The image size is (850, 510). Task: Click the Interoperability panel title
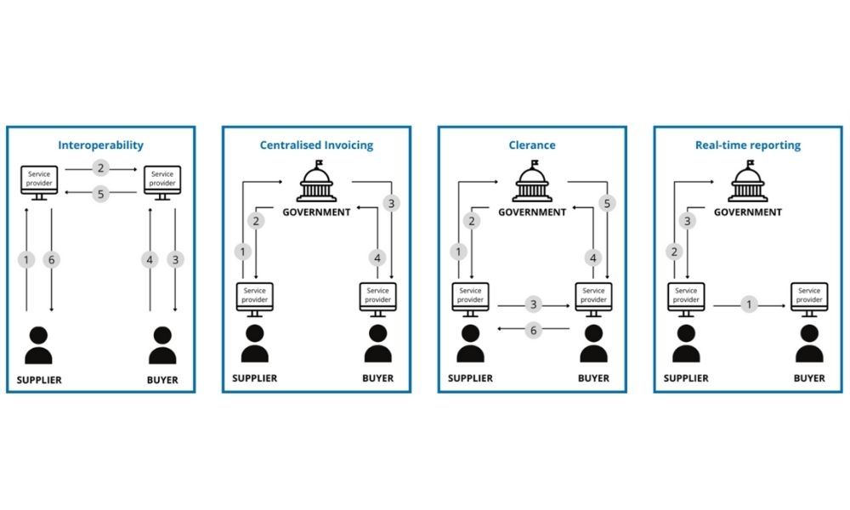click(x=101, y=145)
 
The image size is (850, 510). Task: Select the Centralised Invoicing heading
click(x=316, y=145)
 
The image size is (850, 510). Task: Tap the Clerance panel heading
click(x=532, y=145)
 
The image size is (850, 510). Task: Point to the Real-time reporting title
click(x=748, y=145)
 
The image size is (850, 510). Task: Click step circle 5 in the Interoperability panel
click(x=100, y=194)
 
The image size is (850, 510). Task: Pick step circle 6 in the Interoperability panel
click(x=52, y=260)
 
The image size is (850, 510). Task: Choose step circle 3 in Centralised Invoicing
click(x=391, y=203)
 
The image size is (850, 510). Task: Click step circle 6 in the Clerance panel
click(x=534, y=331)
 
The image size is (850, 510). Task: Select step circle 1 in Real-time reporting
click(x=749, y=303)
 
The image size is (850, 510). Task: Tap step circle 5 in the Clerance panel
click(x=607, y=203)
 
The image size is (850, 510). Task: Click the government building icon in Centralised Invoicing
click(x=316, y=182)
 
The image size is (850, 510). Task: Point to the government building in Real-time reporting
click(x=748, y=182)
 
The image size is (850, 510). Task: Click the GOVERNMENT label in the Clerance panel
click(x=532, y=212)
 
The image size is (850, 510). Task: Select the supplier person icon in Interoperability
click(x=39, y=343)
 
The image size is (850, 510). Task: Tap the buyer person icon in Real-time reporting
click(x=809, y=343)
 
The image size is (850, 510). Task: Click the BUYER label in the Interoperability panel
click(x=162, y=380)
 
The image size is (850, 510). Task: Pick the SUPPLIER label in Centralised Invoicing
click(x=255, y=377)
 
